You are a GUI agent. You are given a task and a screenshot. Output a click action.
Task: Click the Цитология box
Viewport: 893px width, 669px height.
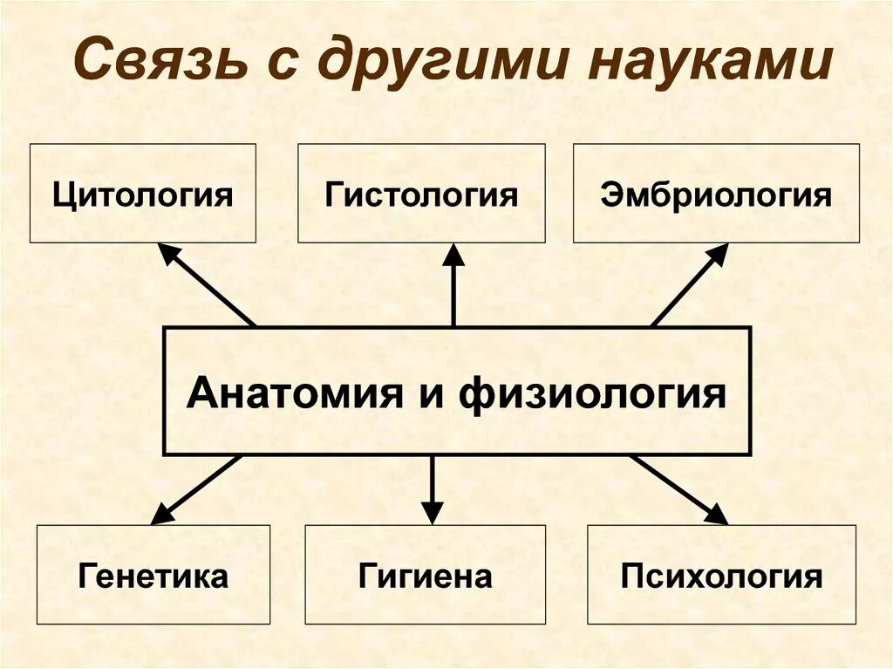(x=143, y=193)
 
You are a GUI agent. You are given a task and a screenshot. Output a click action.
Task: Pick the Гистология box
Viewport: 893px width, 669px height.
(x=421, y=193)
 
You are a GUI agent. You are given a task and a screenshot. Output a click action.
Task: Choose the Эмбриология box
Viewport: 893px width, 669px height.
(x=716, y=193)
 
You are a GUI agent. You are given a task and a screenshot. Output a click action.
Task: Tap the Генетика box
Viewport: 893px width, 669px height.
(x=153, y=575)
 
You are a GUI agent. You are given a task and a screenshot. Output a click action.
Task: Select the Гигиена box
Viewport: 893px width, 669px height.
(x=425, y=575)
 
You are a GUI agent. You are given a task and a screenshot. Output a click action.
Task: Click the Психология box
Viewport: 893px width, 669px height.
(x=721, y=575)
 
